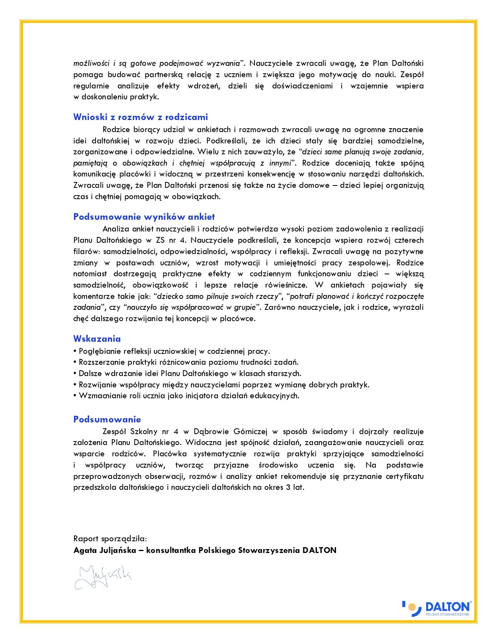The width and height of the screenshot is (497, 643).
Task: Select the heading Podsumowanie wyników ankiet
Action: [x=144, y=217]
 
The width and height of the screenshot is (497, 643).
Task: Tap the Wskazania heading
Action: [x=97, y=338]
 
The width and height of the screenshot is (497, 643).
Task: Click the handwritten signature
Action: [x=103, y=576]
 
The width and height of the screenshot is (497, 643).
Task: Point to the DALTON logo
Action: [x=437, y=608]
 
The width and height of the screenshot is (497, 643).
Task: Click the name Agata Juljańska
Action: [x=104, y=550]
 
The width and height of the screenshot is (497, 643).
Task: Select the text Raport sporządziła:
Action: [x=110, y=539]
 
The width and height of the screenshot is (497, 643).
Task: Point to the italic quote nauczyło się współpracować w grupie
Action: [x=191, y=307]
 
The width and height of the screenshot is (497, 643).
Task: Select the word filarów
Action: [x=86, y=251]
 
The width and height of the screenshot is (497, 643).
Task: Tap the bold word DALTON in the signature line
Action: [x=319, y=550]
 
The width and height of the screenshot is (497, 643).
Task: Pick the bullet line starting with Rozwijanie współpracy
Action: [x=224, y=385]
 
